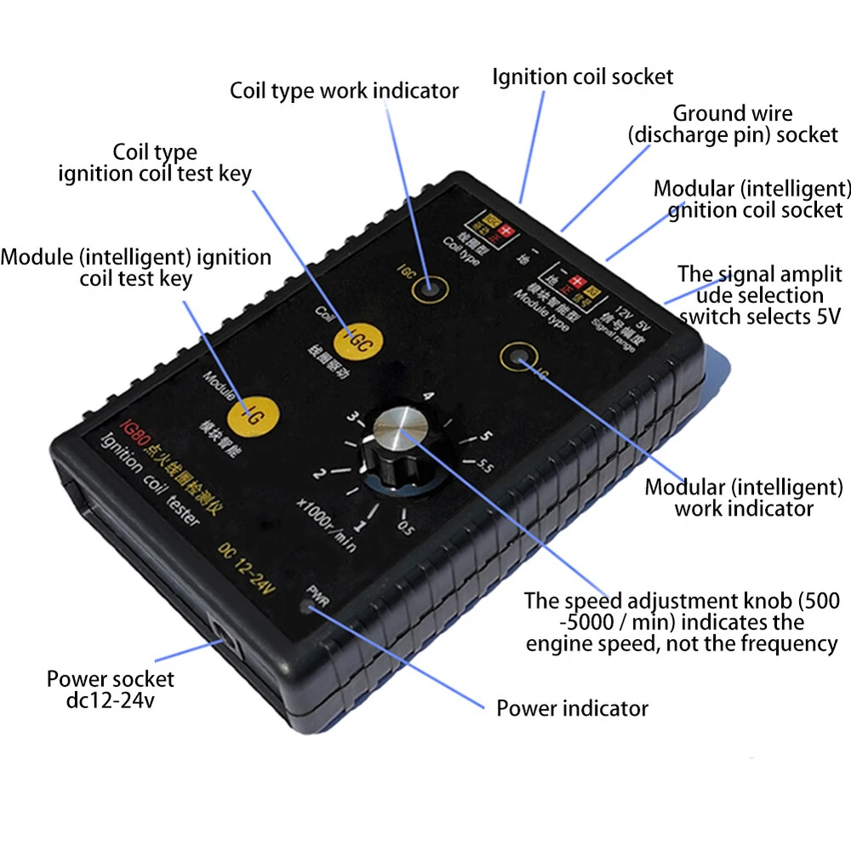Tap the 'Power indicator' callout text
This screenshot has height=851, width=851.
pos(572,708)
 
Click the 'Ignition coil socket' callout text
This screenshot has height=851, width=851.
pos(582,77)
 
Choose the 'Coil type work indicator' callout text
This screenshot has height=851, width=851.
pos(344,90)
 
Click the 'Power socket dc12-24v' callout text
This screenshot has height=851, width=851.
pos(110,690)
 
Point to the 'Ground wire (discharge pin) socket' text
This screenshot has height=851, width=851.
pos(733,124)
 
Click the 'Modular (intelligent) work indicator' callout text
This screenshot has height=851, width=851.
pos(743,498)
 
